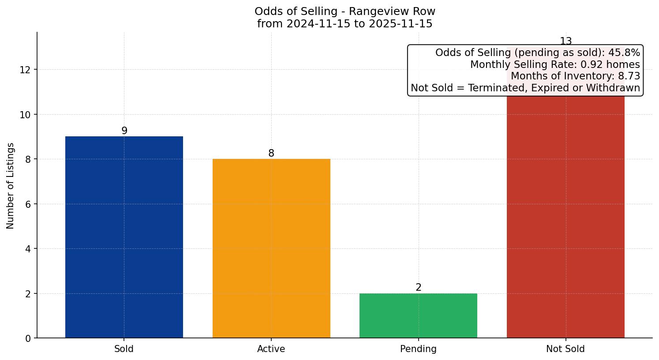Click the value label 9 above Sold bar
[x=124, y=131]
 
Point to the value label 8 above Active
[x=271, y=153]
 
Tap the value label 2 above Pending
[x=419, y=287]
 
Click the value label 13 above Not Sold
[x=565, y=41]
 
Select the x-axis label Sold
[x=124, y=349]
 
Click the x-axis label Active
[x=271, y=349]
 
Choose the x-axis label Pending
[x=418, y=349]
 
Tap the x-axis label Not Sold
[x=565, y=349]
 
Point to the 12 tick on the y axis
[x=25, y=70]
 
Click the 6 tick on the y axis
[x=28, y=204]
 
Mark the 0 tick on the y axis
[x=28, y=338]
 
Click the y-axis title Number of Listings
[x=11, y=185]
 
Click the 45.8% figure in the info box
[x=624, y=53]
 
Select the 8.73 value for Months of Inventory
[x=629, y=76]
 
